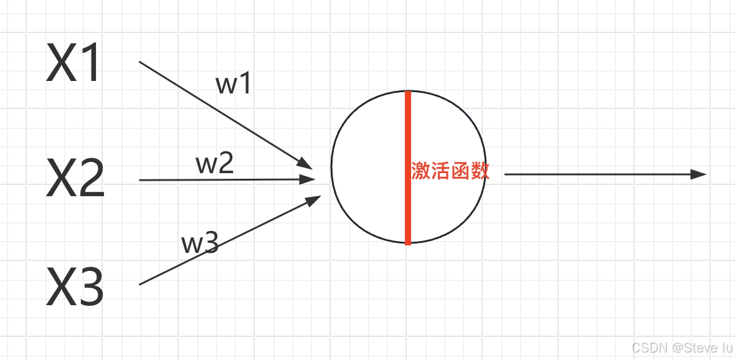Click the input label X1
coord(73,64)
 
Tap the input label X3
coord(75,287)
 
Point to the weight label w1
coord(234,84)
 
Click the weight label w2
coord(215,164)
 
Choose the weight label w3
coord(200,244)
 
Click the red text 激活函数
coord(450,171)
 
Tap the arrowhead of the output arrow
coord(699,174)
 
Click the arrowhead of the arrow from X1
coord(305,163)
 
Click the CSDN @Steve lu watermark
coord(681,347)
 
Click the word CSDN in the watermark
coord(645,347)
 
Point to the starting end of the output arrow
coord(505,174)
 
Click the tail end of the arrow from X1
coord(140,62)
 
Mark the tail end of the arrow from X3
coord(140,285)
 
